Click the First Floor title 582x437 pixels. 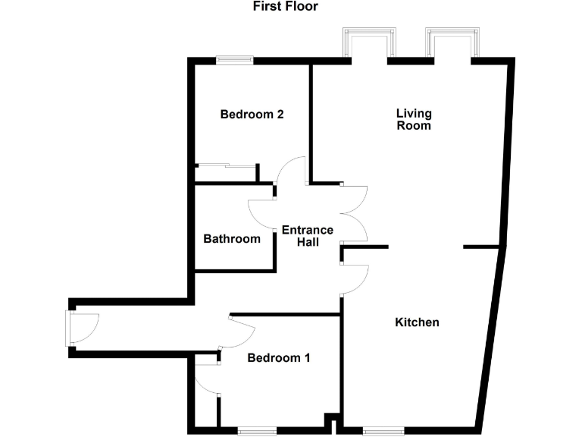[x=285, y=7]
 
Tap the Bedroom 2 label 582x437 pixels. [x=252, y=115]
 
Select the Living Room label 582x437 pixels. [x=414, y=119]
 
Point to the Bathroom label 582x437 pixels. [x=232, y=239]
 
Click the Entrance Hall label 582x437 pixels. [x=307, y=236]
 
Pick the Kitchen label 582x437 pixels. [x=417, y=322]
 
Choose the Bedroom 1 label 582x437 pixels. [x=279, y=358]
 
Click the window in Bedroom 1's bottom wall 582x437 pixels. [x=258, y=432]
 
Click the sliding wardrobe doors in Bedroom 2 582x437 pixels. [x=226, y=165]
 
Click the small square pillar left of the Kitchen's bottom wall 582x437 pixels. [x=330, y=421]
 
